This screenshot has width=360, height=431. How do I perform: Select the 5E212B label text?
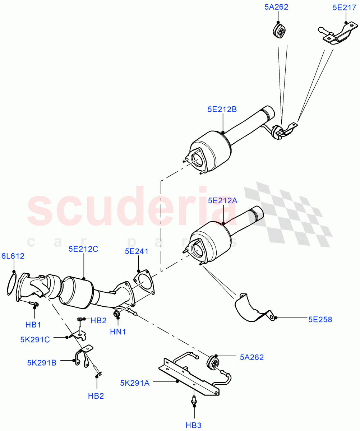(222, 110)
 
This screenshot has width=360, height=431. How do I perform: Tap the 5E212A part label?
(222, 201)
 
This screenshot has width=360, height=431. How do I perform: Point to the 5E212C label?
(83, 248)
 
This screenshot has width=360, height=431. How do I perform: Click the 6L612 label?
(13, 256)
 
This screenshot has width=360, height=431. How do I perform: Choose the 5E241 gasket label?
(137, 251)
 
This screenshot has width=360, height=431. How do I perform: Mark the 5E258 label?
(320, 319)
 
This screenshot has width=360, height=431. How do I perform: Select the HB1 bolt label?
(33, 324)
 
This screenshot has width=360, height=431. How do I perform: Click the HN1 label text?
(118, 332)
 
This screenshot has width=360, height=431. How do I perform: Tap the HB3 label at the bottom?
(193, 425)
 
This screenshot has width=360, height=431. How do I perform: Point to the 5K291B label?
(42, 363)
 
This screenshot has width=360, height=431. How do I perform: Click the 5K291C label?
(35, 339)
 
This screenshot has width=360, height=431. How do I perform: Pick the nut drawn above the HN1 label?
(117, 315)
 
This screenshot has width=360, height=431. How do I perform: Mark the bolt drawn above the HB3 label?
(194, 400)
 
